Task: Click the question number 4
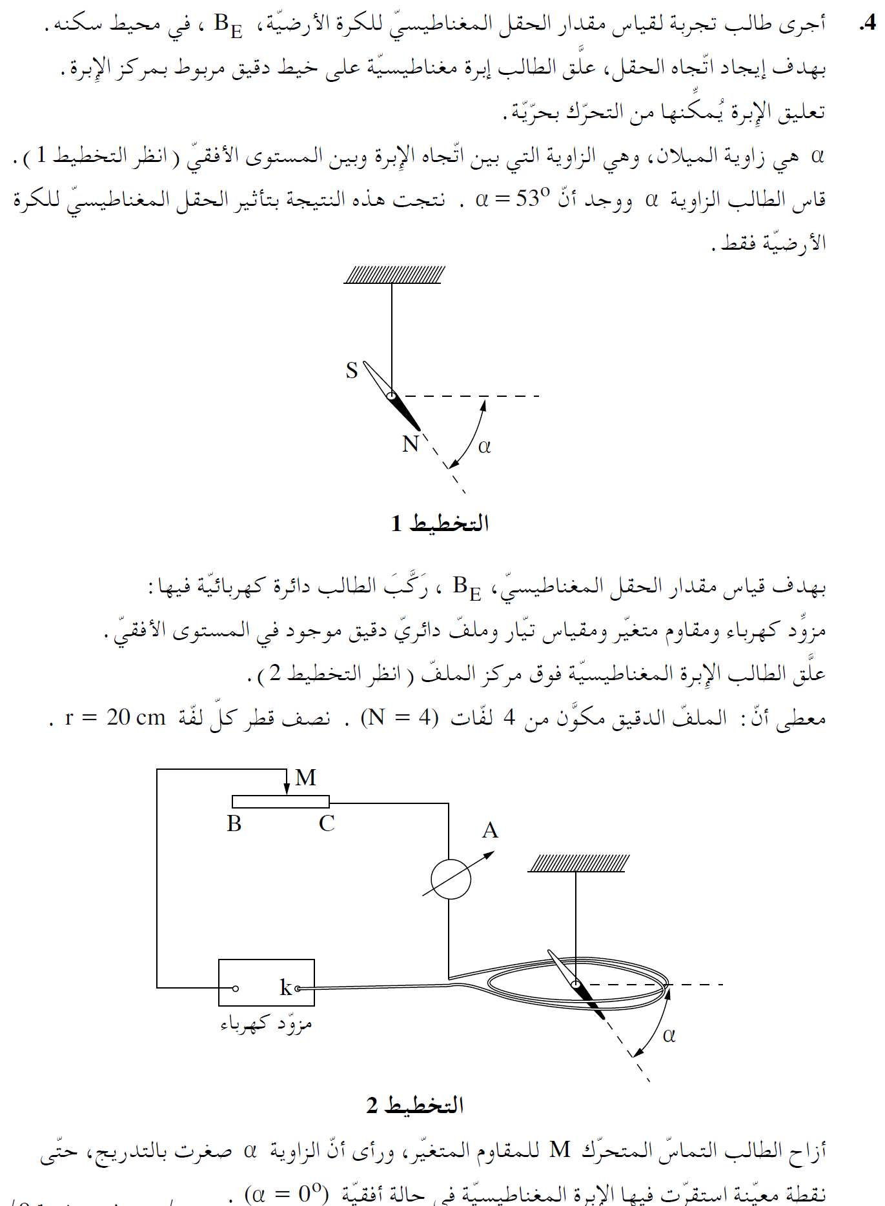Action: pyautogui.click(x=868, y=24)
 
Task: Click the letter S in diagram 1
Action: pyautogui.click(x=351, y=371)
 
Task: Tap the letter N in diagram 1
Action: pyautogui.click(x=411, y=444)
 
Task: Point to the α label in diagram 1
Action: pyautogui.click(x=484, y=446)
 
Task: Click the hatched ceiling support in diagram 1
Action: pyautogui.click(x=394, y=275)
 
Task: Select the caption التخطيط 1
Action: pyautogui.click(x=440, y=523)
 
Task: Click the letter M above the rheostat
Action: pyautogui.click(x=305, y=778)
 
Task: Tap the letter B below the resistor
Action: pyautogui.click(x=234, y=824)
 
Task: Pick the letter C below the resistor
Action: pyautogui.click(x=327, y=824)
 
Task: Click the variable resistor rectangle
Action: pyautogui.click(x=281, y=802)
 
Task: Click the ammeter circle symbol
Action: pyautogui.click(x=451, y=879)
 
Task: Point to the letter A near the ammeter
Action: pyautogui.click(x=490, y=830)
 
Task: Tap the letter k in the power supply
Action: pyautogui.click(x=285, y=987)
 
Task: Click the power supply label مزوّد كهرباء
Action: pyautogui.click(x=266, y=1024)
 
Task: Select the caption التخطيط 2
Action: pyautogui.click(x=415, y=1105)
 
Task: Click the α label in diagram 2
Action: pyautogui.click(x=669, y=1035)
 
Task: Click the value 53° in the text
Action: pyautogui.click(x=532, y=199)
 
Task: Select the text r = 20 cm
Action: pyautogui.click(x=116, y=717)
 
